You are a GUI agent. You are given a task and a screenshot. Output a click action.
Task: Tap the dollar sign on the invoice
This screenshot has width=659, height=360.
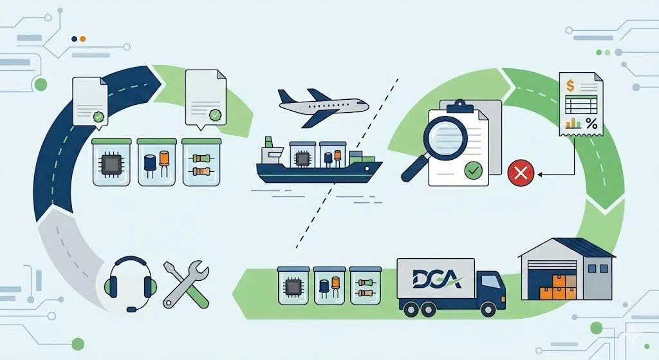click(x=569, y=86)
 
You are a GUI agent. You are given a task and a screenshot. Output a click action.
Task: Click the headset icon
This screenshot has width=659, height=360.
click(x=131, y=283)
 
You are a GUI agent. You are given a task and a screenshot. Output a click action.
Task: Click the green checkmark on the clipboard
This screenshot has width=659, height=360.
click(x=473, y=171)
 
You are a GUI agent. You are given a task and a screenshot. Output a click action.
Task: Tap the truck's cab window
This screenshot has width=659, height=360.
click(x=490, y=281)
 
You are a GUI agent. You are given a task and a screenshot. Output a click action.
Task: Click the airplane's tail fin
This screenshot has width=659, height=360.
click(x=286, y=97)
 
